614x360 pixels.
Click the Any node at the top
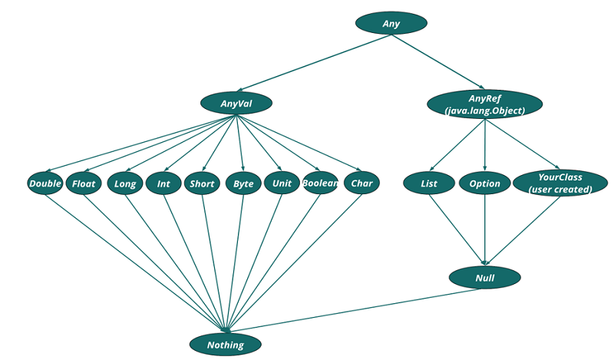391,23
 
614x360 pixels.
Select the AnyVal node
236,103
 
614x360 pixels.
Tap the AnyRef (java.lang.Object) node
484,104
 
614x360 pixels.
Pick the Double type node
45,183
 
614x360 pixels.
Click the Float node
84,183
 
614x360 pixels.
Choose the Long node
124,183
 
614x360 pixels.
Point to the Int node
163,183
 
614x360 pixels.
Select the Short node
202,183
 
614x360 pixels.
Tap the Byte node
243,183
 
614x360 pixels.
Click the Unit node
282,183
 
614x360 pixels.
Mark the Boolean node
320,183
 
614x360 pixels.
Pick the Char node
361,183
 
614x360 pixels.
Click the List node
429,183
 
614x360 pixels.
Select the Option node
484,183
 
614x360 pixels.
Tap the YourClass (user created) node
560,183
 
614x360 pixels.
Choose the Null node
484,277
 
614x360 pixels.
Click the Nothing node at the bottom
226,345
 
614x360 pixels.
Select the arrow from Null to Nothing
353,312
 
